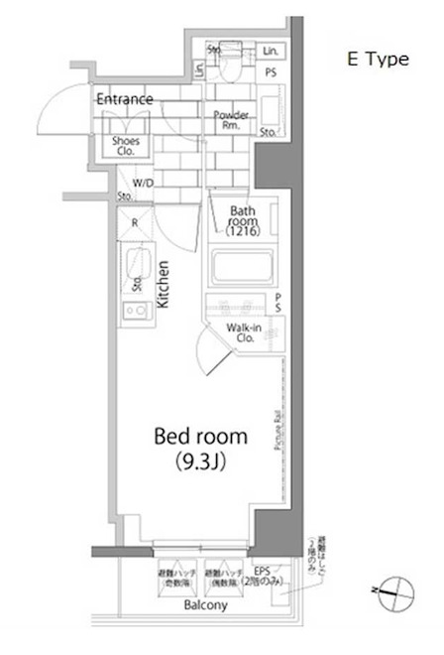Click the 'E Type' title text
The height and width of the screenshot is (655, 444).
[377, 60]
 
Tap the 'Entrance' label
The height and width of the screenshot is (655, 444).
[124, 99]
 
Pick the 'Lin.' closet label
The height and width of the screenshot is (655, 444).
[272, 52]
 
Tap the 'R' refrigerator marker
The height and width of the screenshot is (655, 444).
[135, 223]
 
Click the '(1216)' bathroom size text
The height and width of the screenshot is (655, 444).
[242, 232]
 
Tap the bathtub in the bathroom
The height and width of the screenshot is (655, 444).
[242, 267]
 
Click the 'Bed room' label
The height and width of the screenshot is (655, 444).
[199, 437]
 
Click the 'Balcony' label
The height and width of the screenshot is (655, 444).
[204, 604]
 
